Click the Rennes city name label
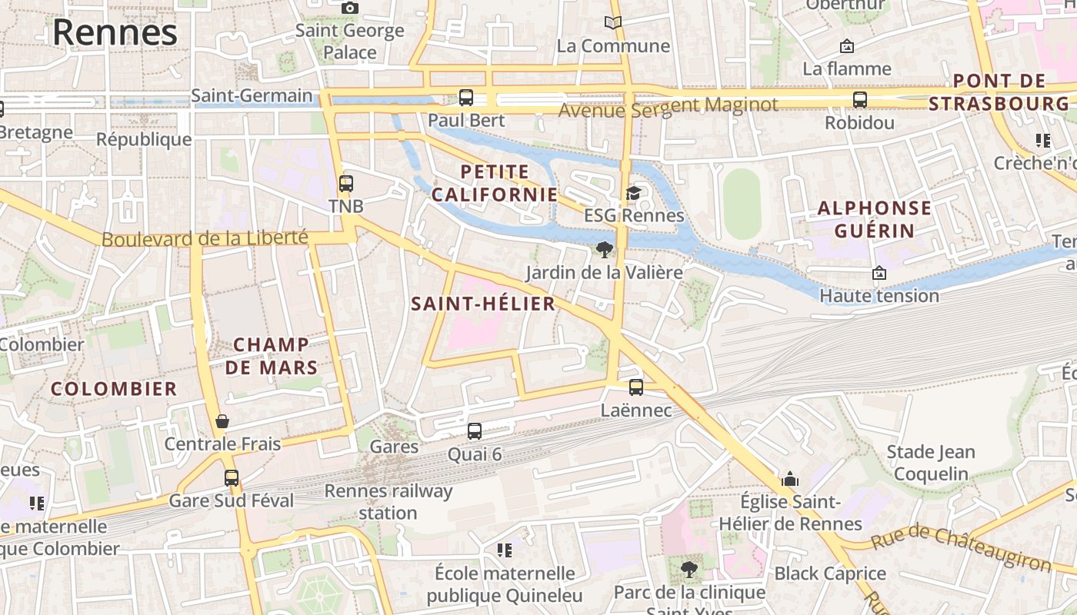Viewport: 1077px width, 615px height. [115, 32]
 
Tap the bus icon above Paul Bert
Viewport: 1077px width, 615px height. [466, 98]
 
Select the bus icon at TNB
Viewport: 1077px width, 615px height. [346, 184]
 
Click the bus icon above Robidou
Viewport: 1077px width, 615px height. [860, 100]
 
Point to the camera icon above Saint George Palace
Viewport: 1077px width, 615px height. [350, 8]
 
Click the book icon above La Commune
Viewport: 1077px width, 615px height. [613, 23]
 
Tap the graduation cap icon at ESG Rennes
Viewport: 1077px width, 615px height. [633, 193]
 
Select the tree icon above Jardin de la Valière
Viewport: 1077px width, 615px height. [605, 249]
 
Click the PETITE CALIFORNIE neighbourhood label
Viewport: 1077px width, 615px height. [495, 183]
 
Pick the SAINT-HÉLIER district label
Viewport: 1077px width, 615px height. [483, 304]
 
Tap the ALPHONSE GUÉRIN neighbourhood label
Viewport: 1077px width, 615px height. [874, 219]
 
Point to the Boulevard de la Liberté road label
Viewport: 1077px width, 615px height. [205, 239]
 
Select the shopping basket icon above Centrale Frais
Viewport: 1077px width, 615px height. [222, 421]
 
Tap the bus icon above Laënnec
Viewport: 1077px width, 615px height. [636, 387]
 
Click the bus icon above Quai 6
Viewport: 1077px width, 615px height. [475, 431]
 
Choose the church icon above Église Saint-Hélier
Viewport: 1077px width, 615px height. [789, 479]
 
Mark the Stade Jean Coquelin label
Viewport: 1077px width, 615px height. [931, 463]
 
